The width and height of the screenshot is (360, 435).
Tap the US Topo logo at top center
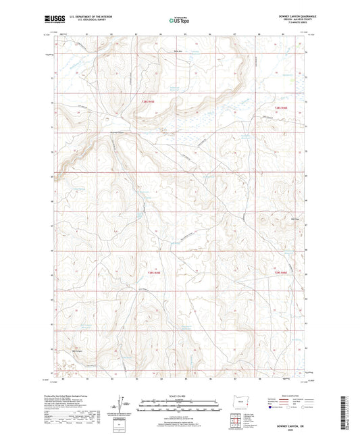(x=180, y=20)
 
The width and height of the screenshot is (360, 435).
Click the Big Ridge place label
(x=294, y=218)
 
